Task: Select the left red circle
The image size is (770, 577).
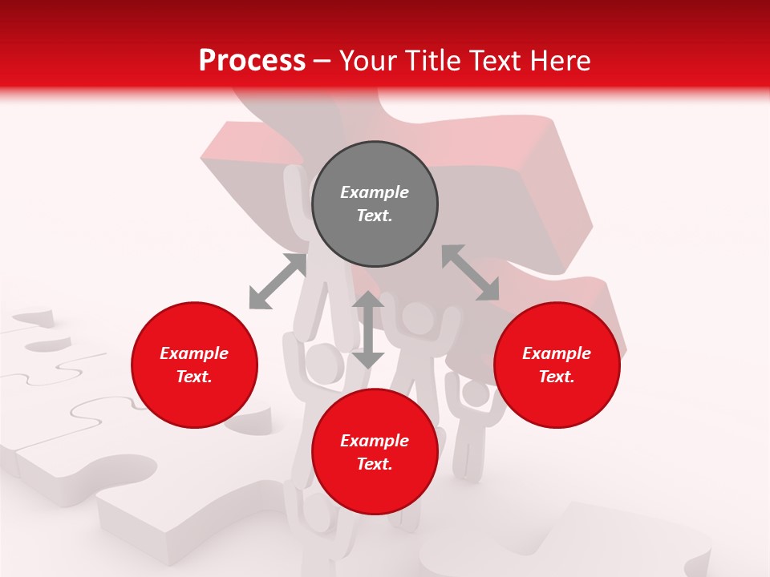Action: [194, 365]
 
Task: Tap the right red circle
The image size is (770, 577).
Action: [557, 365]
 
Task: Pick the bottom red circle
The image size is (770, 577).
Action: [375, 452]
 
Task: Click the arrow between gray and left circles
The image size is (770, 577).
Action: [278, 281]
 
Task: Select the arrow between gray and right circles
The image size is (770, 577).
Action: [471, 272]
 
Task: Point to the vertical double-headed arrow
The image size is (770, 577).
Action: [368, 329]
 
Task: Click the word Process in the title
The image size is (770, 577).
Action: [252, 60]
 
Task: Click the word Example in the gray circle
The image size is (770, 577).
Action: [375, 192]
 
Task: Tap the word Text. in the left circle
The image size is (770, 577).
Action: [194, 377]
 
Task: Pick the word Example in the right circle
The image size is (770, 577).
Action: [557, 353]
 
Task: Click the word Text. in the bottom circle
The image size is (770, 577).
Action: [375, 464]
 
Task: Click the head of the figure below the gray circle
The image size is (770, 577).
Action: [417, 317]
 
